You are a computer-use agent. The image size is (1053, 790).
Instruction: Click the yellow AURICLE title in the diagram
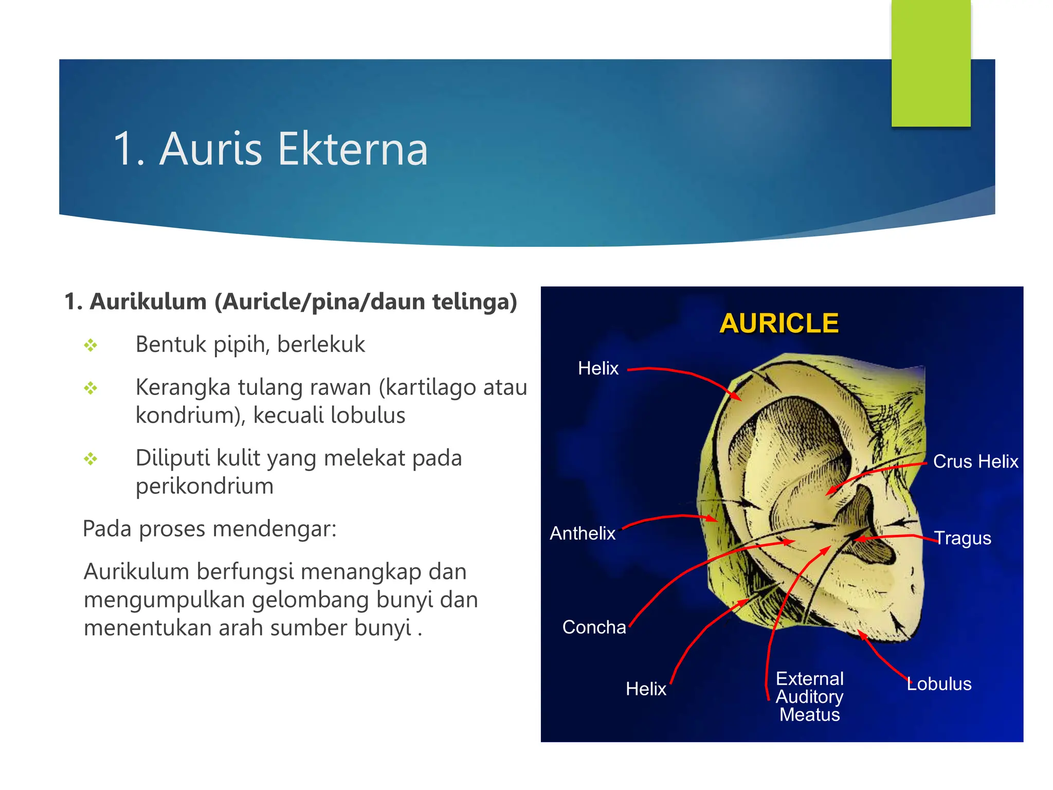coord(779,324)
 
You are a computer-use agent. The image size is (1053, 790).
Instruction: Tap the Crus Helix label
coord(975,461)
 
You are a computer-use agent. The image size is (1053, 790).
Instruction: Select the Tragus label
coord(963,538)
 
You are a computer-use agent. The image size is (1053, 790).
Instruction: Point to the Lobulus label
coord(939,684)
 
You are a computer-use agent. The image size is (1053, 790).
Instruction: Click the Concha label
coord(594,627)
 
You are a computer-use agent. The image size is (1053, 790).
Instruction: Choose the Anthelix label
coord(583,533)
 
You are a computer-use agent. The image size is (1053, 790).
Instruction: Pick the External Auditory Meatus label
coord(809,696)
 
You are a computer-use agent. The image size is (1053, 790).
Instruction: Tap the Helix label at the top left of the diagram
coord(598,368)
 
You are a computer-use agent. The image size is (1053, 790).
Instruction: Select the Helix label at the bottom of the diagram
coord(646,689)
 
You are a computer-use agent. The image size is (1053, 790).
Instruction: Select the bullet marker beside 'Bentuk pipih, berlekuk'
coord(91,345)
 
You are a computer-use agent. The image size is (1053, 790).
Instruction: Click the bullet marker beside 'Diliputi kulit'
coord(91,458)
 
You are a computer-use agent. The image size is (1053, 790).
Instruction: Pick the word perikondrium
coord(205,486)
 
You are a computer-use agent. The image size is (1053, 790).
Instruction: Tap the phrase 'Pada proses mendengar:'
coord(210,529)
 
